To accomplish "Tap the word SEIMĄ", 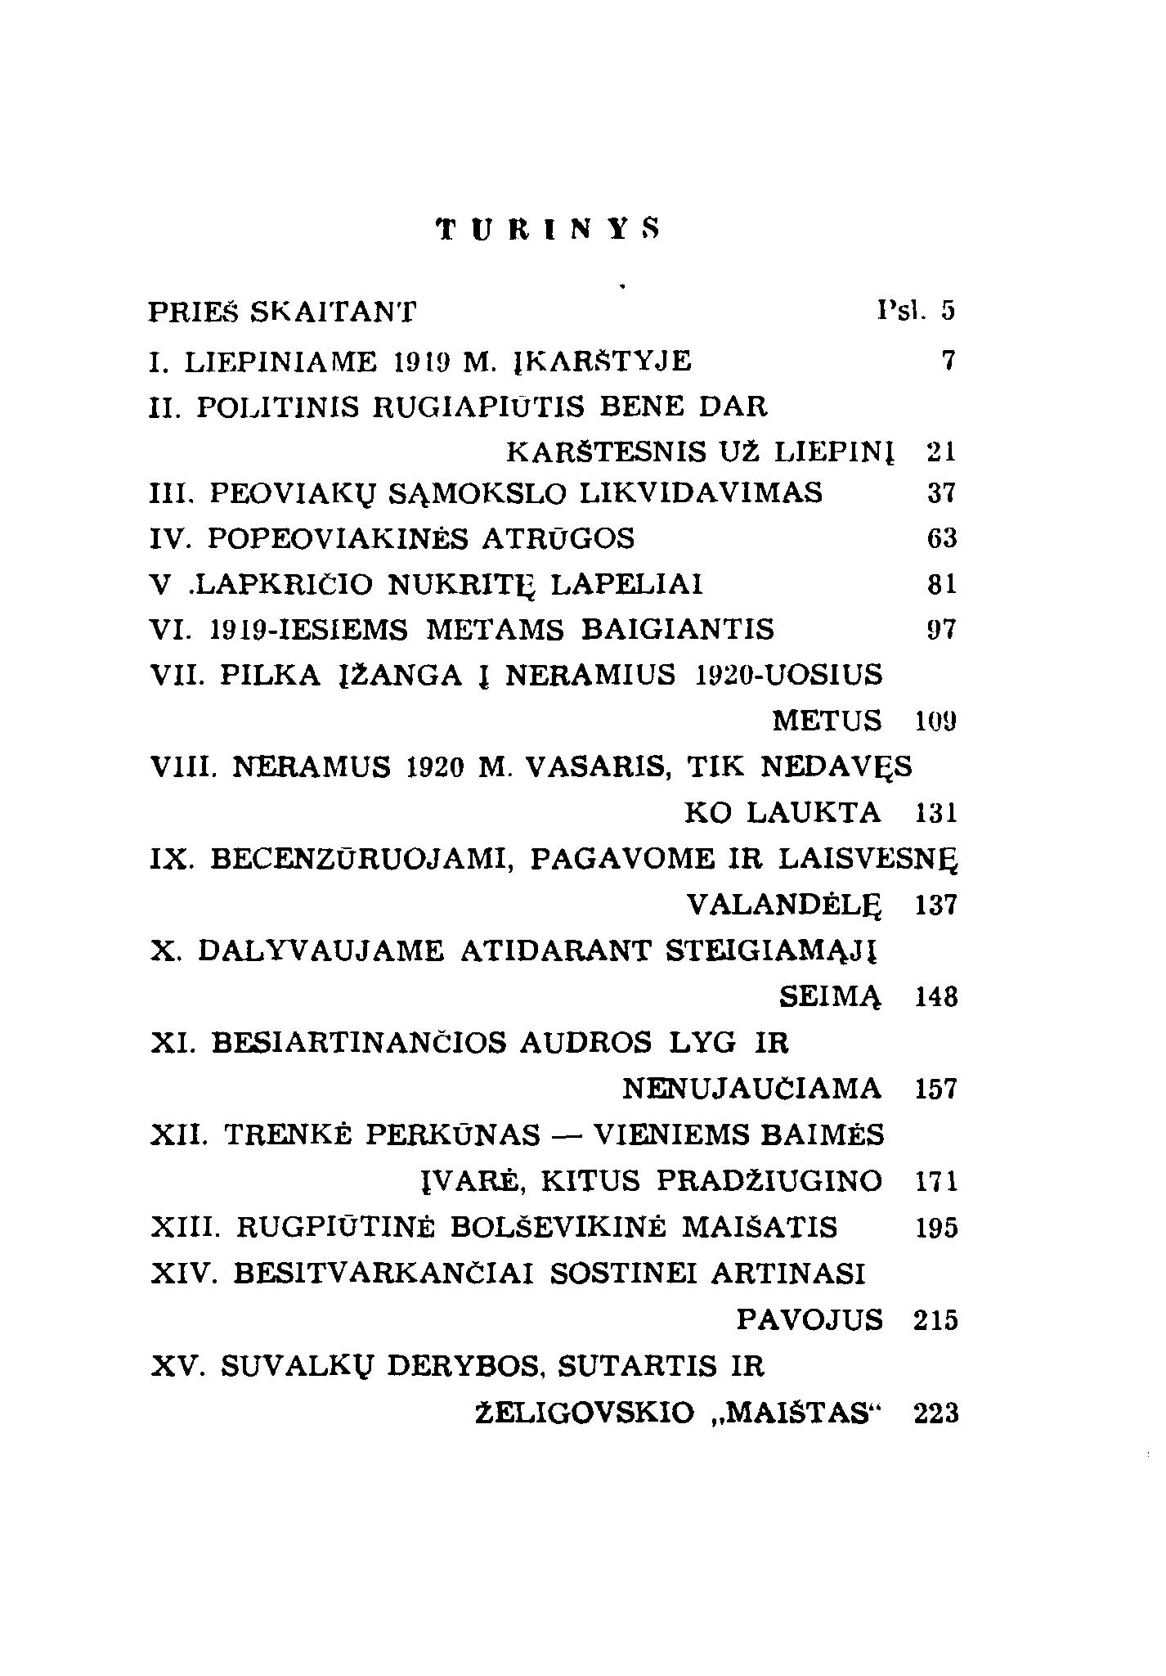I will (x=831, y=998).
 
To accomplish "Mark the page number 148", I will (x=935, y=998).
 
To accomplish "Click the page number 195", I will (x=935, y=1228).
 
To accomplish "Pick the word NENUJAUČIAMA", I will (x=752, y=1090).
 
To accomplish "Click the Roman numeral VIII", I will (x=182, y=767).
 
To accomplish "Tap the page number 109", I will (x=935, y=721).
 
